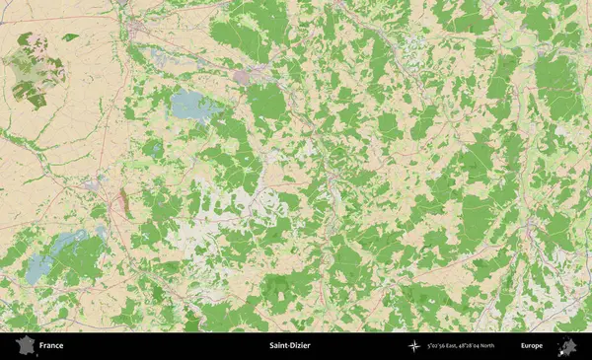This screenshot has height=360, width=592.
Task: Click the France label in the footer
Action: pos(51,346)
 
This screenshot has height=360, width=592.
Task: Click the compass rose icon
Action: pos(414,346)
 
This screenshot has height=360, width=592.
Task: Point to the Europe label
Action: pos(532,346)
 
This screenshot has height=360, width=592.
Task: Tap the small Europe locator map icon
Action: pos(568,345)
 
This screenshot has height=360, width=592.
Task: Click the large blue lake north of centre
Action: pos(189,105)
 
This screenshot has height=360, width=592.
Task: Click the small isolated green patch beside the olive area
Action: pos(70,37)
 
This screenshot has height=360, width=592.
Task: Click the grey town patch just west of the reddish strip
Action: pos(94,183)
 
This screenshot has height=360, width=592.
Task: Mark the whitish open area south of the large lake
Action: pos(212,212)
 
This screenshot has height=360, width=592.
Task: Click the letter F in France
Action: pos(41,346)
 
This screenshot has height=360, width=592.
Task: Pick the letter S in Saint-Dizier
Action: pos(271,346)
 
